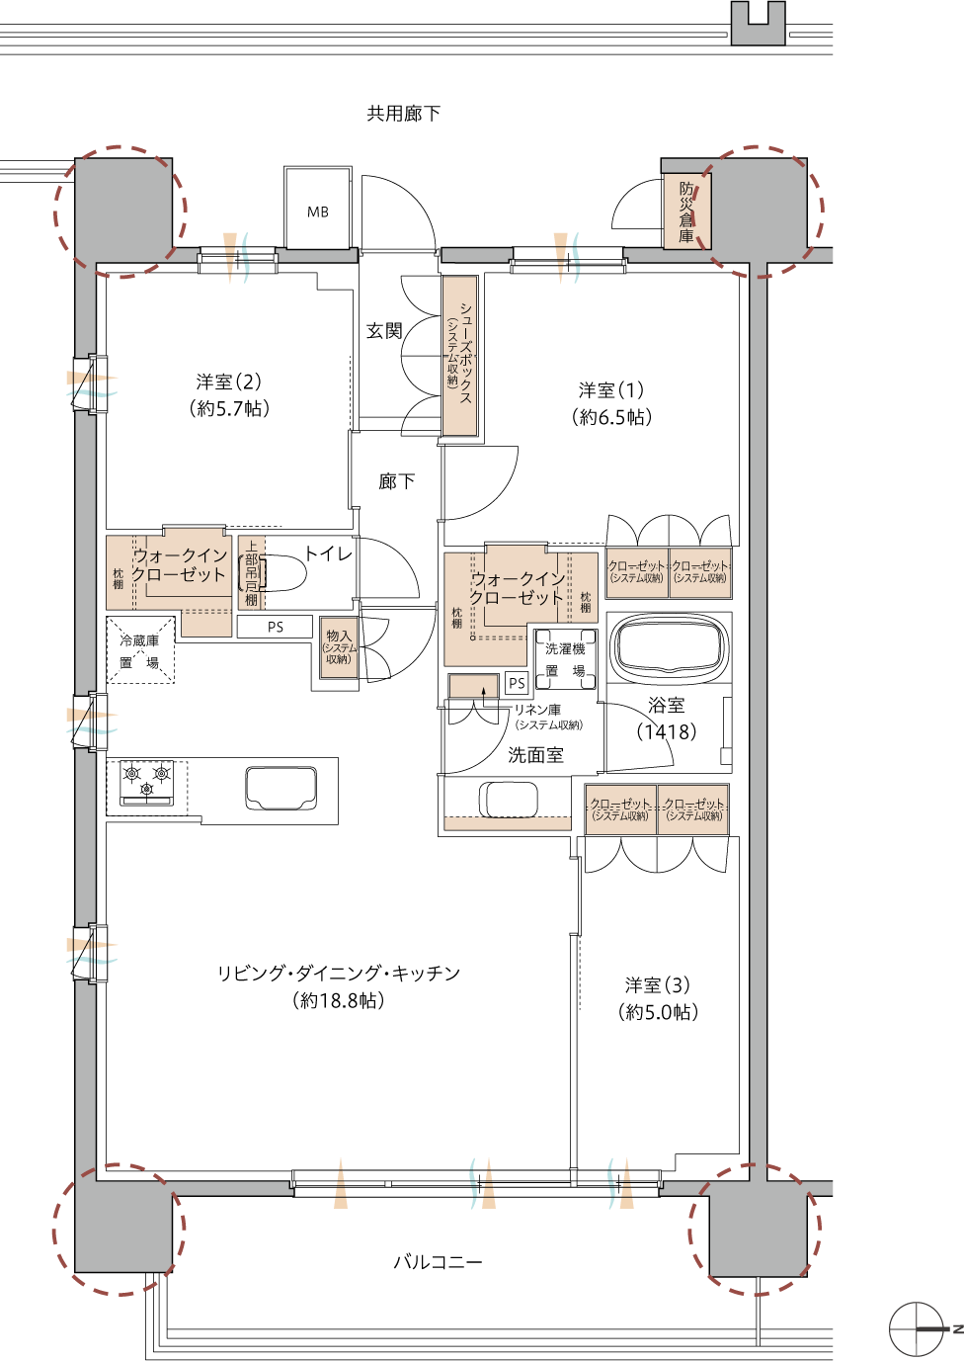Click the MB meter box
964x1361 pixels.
pos(318,210)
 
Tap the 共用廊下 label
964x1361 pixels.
pos(403,114)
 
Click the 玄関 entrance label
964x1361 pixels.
pos(384,331)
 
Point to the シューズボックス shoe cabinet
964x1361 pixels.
pos(460,356)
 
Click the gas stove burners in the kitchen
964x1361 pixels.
pos(146,781)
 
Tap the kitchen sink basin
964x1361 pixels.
pos(281,788)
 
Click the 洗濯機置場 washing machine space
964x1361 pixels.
pos(565,660)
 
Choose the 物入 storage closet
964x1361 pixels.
pos(339,648)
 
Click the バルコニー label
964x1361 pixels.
pos(438,1262)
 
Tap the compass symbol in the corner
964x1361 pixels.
pos(917,1330)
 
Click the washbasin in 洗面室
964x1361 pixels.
pos(510,799)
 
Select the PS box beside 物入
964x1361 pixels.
pos(275,627)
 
